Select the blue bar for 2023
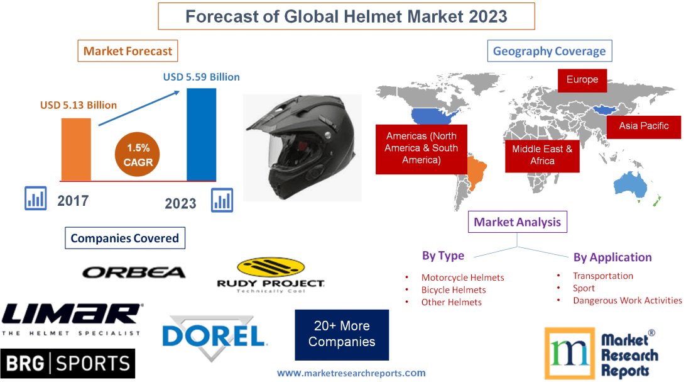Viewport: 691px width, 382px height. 201,134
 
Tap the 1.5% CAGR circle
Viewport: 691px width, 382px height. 138,155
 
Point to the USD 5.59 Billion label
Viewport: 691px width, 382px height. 201,77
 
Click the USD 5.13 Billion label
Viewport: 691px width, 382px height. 79,105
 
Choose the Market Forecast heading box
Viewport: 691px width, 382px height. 128,51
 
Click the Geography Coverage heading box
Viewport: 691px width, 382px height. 549,52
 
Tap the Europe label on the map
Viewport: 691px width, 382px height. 582,80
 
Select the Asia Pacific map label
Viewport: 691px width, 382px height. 643,126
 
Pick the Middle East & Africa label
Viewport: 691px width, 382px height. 542,155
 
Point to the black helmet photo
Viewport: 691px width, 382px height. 302,148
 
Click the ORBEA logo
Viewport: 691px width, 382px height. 134,272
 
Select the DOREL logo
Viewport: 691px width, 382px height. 214,335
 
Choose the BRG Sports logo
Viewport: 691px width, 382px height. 68,363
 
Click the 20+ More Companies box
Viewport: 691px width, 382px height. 342,334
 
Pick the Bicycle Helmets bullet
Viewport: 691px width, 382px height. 454,290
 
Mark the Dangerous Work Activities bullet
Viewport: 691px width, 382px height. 627,301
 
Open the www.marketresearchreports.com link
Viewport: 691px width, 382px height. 351,373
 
